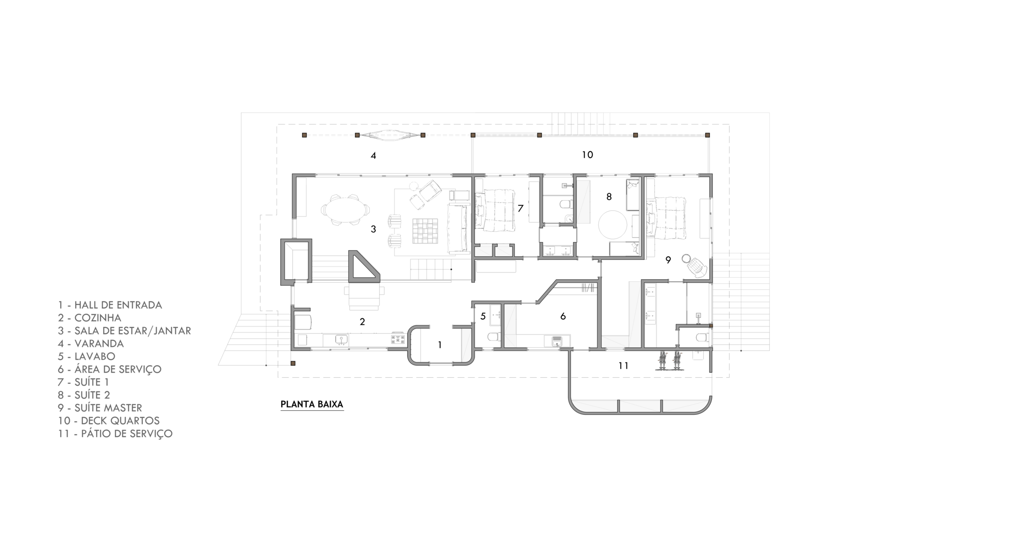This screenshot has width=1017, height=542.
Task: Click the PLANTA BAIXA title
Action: tap(312, 405)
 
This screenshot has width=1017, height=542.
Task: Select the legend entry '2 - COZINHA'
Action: tap(89, 318)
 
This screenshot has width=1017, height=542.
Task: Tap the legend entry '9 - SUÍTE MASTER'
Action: tap(100, 408)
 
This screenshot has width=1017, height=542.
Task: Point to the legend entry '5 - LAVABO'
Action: tap(86, 356)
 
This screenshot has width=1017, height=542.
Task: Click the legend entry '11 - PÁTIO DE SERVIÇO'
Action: tap(115, 434)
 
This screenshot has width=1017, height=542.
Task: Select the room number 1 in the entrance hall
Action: tap(440, 345)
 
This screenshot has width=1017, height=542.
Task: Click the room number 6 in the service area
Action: tap(563, 316)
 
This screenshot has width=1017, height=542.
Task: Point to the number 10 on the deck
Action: tap(587, 155)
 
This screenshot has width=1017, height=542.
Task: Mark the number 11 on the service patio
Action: tap(623, 366)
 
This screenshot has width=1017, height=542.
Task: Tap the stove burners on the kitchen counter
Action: tap(398, 339)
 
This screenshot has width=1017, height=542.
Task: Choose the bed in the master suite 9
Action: tap(667, 218)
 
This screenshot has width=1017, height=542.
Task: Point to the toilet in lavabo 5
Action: tap(494, 337)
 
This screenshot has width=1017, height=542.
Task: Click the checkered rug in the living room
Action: tap(425, 231)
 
